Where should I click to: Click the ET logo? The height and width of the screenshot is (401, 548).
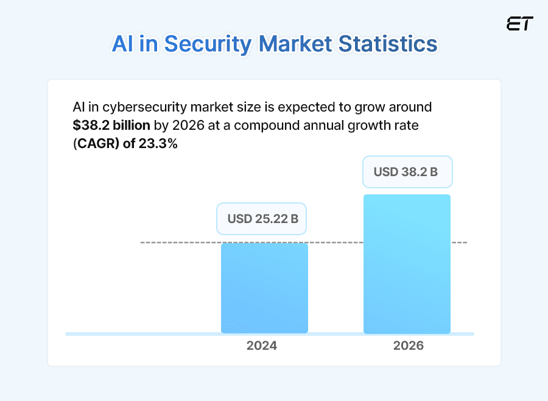[519, 24]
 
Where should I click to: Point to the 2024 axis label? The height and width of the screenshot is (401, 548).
[262, 346]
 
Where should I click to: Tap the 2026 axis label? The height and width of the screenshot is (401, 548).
[408, 346]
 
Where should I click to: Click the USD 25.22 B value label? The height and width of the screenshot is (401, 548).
[262, 219]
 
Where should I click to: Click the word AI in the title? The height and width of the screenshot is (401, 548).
[124, 44]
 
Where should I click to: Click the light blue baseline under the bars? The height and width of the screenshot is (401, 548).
[146, 334]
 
